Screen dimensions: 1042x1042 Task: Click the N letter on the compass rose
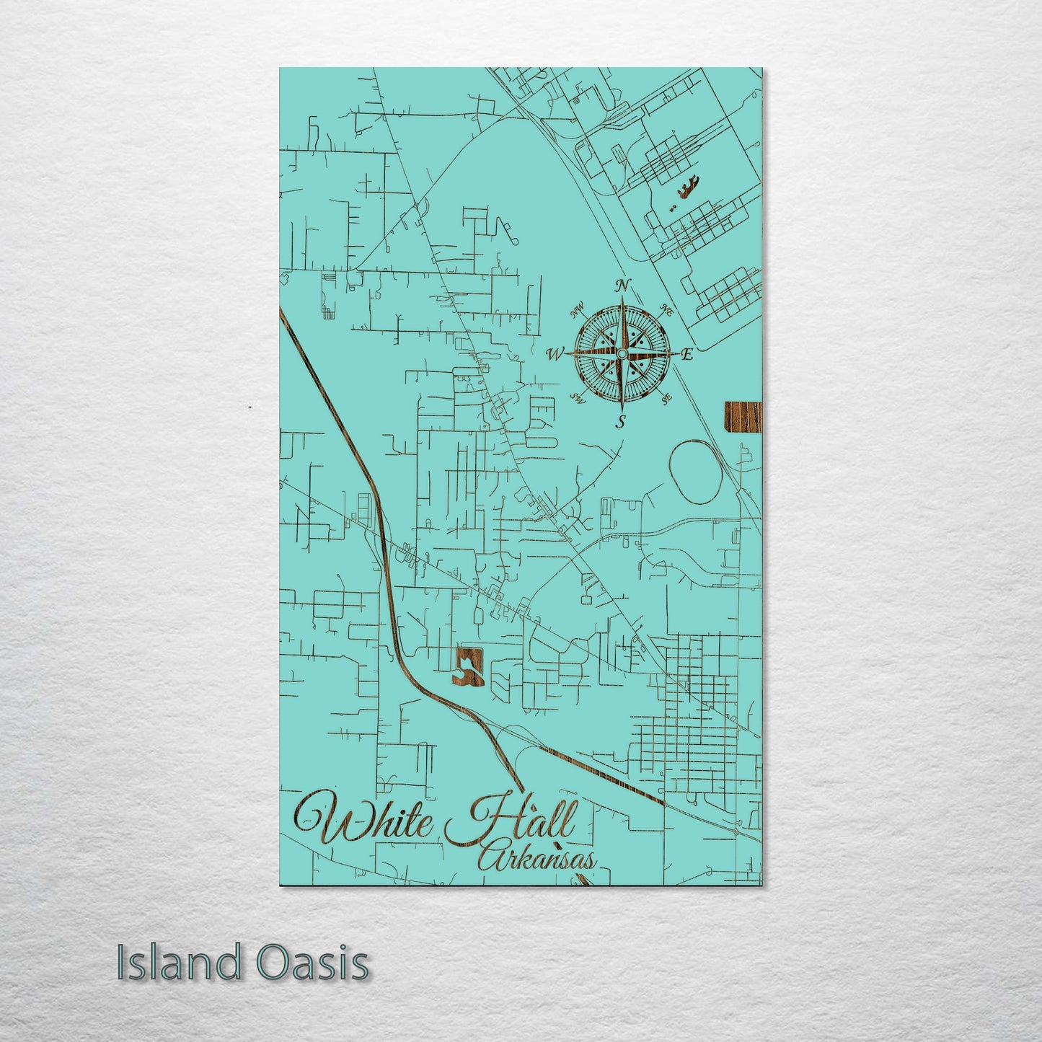(624, 285)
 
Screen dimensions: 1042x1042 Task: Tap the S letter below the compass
(620, 422)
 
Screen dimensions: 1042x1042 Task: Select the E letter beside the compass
(686, 354)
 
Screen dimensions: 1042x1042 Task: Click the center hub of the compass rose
(621, 353)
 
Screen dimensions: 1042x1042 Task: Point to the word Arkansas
(537, 858)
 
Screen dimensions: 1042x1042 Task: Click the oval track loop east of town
(696, 469)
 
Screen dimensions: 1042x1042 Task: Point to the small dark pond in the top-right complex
(686, 191)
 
